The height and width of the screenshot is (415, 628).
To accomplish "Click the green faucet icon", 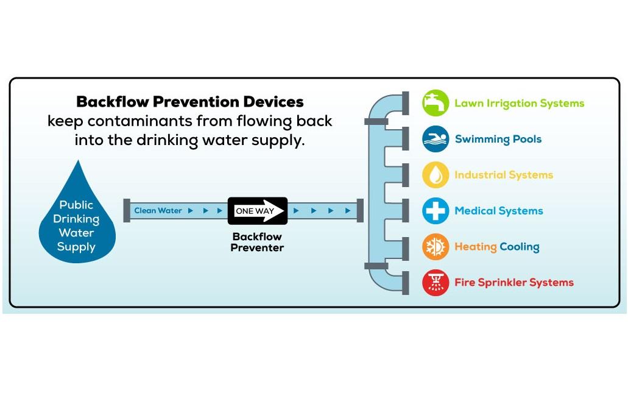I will (x=436, y=103).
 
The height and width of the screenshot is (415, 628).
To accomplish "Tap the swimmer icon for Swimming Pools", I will (x=436, y=139).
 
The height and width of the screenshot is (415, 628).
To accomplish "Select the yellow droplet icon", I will (x=436, y=175).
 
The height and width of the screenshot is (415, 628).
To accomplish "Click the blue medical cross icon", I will (x=436, y=211).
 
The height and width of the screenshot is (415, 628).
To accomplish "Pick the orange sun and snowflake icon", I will (x=436, y=247).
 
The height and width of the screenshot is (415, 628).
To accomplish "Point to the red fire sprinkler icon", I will (x=436, y=282).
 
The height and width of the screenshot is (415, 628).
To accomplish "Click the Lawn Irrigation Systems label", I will (x=519, y=104).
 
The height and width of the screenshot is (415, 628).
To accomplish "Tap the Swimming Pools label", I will (x=498, y=140).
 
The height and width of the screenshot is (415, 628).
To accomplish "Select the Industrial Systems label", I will (x=503, y=175).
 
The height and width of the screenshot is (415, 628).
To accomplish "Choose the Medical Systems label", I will (x=498, y=211).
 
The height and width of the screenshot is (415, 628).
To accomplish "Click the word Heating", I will (x=475, y=247).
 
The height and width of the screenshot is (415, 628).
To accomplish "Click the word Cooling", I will (x=519, y=247).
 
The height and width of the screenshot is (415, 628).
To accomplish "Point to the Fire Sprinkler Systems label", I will (x=513, y=283).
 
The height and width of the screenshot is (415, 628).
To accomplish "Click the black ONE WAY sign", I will (x=257, y=211).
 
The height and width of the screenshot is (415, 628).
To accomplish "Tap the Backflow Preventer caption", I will (x=257, y=242).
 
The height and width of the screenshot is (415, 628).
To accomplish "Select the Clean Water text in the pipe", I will (x=158, y=211).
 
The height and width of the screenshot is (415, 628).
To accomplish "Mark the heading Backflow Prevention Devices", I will (x=189, y=101).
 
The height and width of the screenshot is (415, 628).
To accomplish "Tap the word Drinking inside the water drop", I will (x=77, y=219).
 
